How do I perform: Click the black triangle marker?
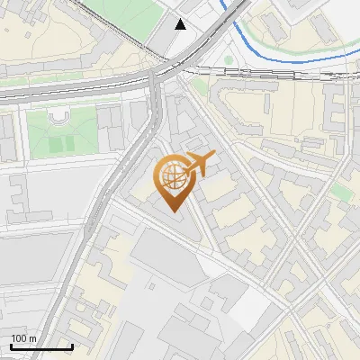coord(181,24)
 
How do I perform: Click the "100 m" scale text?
coord(24,338)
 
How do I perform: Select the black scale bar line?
coord(41,346)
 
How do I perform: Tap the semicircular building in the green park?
coord(59,116)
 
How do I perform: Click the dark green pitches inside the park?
coord(58,142)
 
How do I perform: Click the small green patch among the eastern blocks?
coord(340,192)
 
